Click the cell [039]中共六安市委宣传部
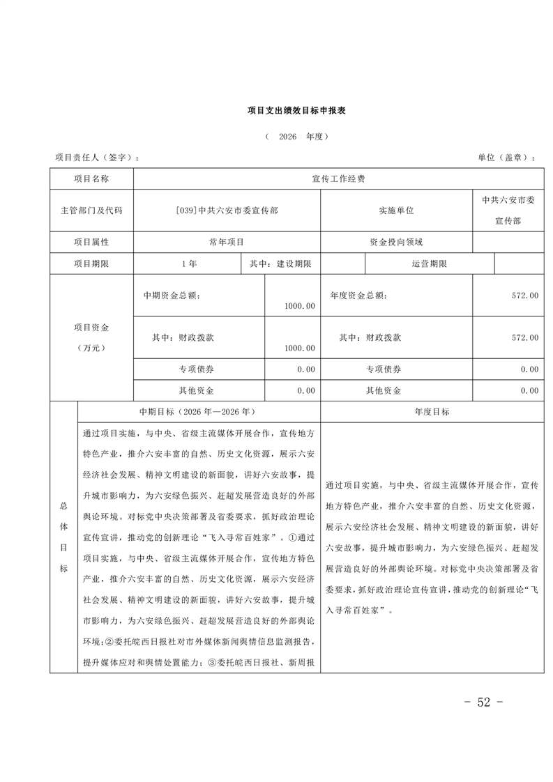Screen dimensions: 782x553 [x=227, y=210]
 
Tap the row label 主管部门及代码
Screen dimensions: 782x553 [x=91, y=210]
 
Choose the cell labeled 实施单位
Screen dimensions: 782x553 [x=396, y=210]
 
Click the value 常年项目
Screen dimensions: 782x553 [x=227, y=242]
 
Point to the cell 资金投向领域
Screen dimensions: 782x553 [x=396, y=242]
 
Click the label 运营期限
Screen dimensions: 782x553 [x=430, y=264]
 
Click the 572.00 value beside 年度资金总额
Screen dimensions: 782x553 [x=525, y=296]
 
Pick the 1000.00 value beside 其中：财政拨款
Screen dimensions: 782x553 [x=300, y=348]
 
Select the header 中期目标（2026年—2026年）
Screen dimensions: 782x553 [x=199, y=412]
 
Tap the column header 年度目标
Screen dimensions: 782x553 [x=432, y=412]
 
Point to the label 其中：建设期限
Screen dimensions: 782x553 [x=280, y=264]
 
